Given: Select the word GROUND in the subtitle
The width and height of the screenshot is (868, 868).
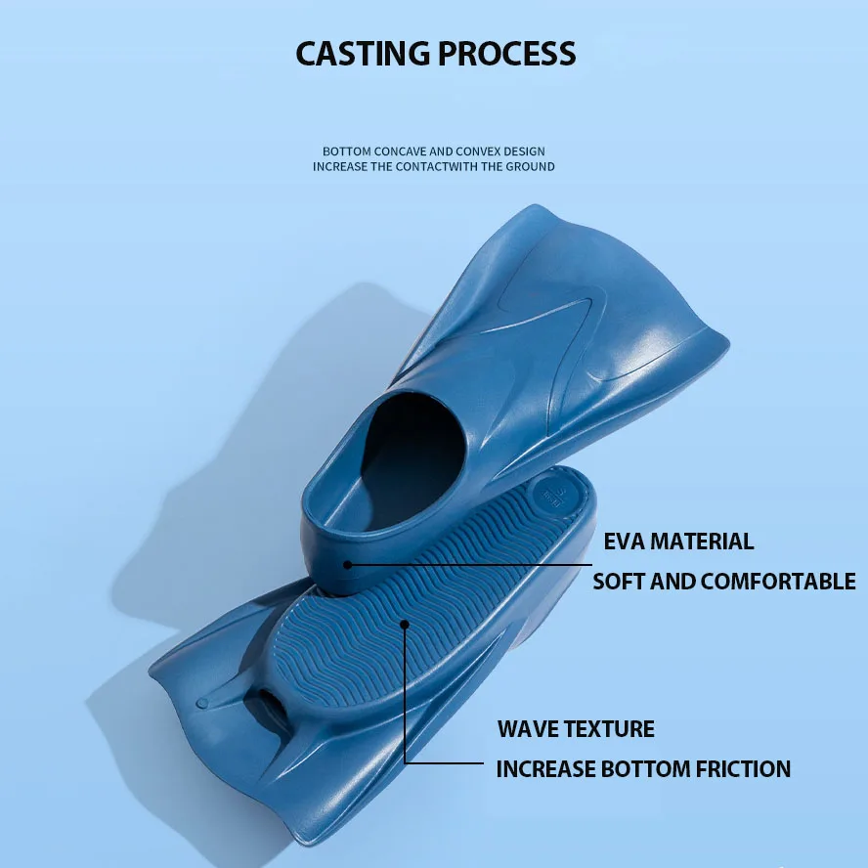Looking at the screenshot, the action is tap(529, 166).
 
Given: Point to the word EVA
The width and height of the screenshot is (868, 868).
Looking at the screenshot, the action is tap(625, 541).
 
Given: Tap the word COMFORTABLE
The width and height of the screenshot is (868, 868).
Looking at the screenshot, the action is tap(778, 581).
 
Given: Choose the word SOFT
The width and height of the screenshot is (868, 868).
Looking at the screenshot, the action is tap(618, 581).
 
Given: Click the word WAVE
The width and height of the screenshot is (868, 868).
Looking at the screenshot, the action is tap(529, 729).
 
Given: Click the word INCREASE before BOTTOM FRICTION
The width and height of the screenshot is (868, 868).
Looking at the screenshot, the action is tap(545, 769).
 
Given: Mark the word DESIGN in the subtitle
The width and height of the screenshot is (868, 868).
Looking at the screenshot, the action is tap(525, 152).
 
